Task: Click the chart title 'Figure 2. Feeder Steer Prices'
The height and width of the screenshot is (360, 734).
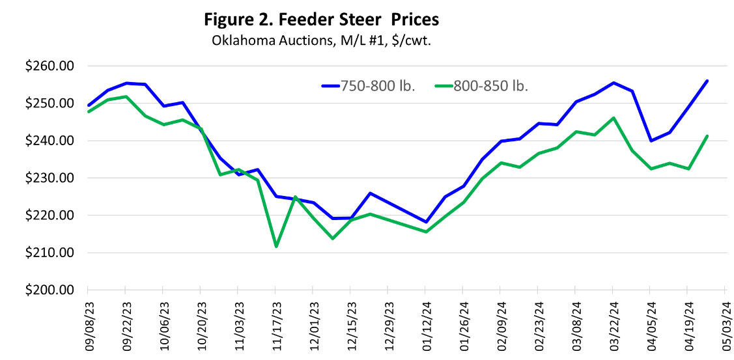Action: pyautogui.click(x=322, y=20)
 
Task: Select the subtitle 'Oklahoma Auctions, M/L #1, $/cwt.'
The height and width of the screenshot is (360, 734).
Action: pyautogui.click(x=322, y=40)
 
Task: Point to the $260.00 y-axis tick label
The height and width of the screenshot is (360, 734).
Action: pyautogui.click(x=49, y=66)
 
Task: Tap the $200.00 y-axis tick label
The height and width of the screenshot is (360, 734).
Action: pyautogui.click(x=49, y=290)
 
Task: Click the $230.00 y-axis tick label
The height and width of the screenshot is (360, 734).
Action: pyautogui.click(x=49, y=178)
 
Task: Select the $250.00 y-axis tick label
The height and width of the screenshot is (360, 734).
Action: pyautogui.click(x=49, y=104)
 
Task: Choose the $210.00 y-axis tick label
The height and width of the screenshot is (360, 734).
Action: pyautogui.click(x=49, y=253)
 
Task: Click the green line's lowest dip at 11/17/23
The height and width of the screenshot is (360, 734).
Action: pyautogui.click(x=276, y=247)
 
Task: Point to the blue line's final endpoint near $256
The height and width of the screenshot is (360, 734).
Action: pyautogui.click(x=707, y=81)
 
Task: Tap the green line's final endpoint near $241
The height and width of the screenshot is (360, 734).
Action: pyautogui.click(x=707, y=136)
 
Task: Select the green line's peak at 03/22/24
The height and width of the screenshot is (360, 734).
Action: pyautogui.click(x=614, y=118)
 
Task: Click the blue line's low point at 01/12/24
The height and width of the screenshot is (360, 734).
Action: pyautogui.click(x=427, y=222)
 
